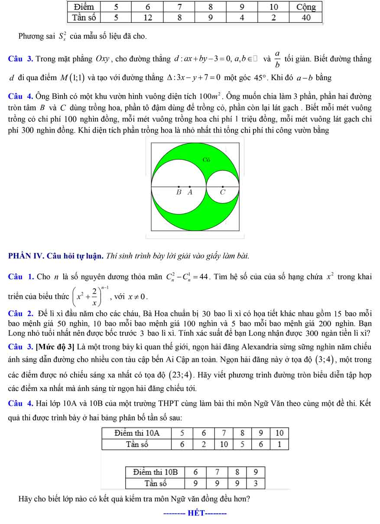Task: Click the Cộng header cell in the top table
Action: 306,7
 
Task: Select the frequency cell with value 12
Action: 148,17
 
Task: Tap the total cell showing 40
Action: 306,17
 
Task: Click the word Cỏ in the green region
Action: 206,160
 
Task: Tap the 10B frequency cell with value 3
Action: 256,483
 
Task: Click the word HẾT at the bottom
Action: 195,514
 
